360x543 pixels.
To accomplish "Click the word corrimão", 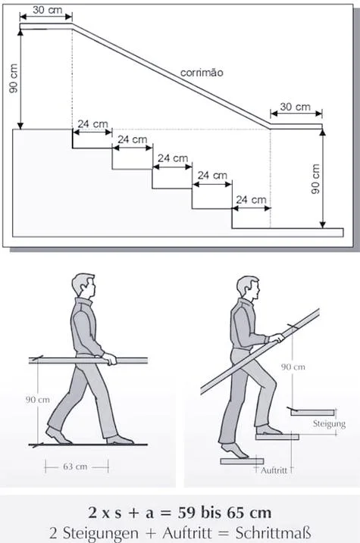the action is coord(202,73).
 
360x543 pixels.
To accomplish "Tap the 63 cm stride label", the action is coord(75,467).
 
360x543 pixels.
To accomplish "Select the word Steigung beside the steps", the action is coord(329,423).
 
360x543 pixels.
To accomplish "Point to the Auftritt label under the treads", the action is coord(274,470).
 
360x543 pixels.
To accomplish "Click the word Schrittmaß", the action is coord(273,533).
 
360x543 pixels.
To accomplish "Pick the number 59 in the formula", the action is coord(187,513).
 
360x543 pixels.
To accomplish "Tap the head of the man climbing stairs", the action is coord(248,288).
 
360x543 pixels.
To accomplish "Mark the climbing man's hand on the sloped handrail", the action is coord(277,338).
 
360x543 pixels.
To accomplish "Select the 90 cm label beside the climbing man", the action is coord(293,367).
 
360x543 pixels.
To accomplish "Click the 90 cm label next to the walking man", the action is coord(37,400).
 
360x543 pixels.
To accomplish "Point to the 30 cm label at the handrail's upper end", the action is coord(48,10).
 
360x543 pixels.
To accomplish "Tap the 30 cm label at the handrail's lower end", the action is coord(296,107).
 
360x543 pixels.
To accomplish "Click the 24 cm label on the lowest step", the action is coord(251,200).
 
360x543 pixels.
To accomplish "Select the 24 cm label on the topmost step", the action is coord(92,124).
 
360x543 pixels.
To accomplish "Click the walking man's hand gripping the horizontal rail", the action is coord(110,359).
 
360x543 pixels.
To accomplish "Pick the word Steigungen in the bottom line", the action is coord(101,533).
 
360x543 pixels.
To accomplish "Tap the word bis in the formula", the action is coord(211,513).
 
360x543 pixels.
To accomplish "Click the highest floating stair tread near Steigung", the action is coord(313,413).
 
